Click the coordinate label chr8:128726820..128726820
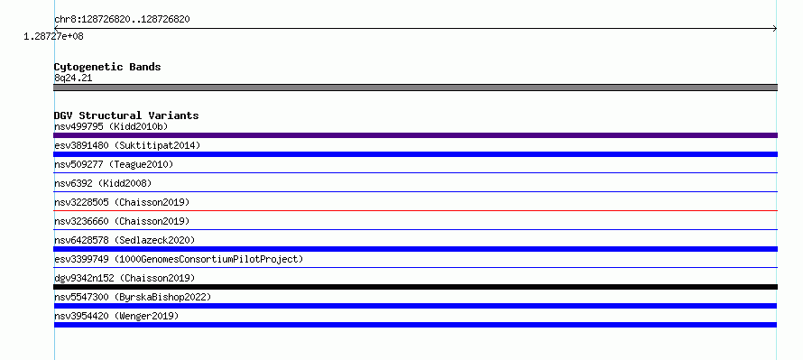pyautogui.click(x=122, y=20)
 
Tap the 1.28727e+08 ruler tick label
pyautogui.click(x=53, y=36)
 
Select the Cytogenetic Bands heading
pyautogui.click(x=107, y=67)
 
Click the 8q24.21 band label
pyautogui.click(x=73, y=78)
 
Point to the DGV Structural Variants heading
pyautogui.click(x=126, y=115)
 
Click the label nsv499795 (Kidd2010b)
pyautogui.click(x=111, y=126)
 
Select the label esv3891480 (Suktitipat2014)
pyautogui.click(x=127, y=145)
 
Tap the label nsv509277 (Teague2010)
pyautogui.click(x=114, y=164)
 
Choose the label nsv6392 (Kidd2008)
pyautogui.click(x=103, y=183)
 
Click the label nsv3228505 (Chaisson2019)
pyautogui.click(x=122, y=202)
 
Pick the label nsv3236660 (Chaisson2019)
pyautogui.click(x=122, y=221)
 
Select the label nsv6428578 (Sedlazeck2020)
pyautogui.click(x=125, y=240)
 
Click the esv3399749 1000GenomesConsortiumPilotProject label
pyautogui.click(x=179, y=259)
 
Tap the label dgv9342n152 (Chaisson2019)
pyautogui.click(x=125, y=278)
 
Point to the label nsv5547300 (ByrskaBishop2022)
pyautogui.click(x=133, y=297)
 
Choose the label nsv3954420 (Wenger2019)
pyautogui.click(x=116, y=316)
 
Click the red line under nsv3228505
pyautogui.click(x=415, y=210)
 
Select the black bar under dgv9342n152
pyautogui.click(x=415, y=287)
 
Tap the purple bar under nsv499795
pyautogui.click(x=415, y=135)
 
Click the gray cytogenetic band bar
pyautogui.click(x=415, y=88)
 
